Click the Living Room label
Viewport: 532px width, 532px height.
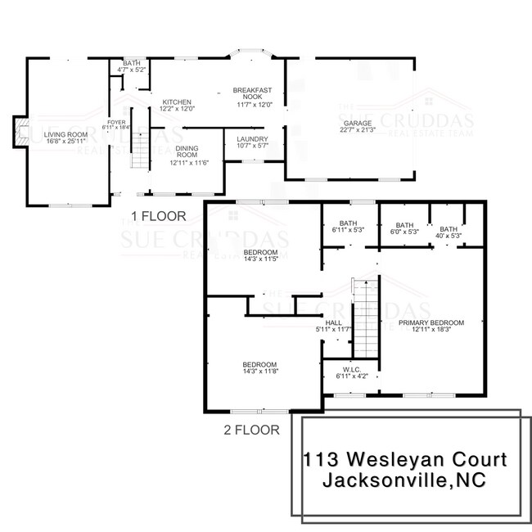pos(65,138)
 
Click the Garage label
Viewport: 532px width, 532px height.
pos(351,125)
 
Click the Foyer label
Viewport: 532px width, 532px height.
pos(117,124)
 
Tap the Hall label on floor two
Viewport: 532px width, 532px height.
pos(333,326)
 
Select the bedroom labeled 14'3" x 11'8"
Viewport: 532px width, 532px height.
pos(259,368)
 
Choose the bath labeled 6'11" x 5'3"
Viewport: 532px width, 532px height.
pos(349,227)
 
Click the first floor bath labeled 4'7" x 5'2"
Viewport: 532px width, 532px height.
pos(131,66)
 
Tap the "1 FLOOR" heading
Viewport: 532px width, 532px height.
pos(159,216)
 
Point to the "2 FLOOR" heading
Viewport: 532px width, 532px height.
pos(251,429)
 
